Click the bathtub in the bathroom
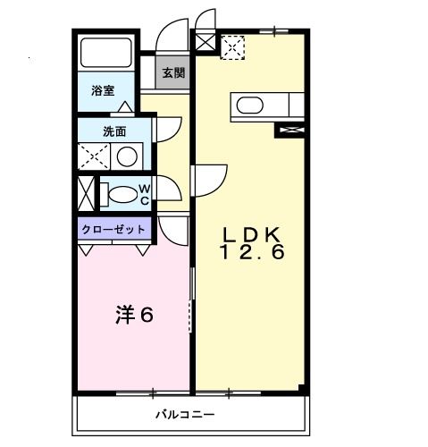(x=105, y=54)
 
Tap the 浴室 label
(x=104, y=91)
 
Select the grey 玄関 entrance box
(x=173, y=73)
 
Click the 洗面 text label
(x=113, y=131)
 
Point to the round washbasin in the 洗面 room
(x=128, y=156)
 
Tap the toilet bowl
(x=117, y=194)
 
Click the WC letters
(x=143, y=194)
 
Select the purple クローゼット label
(x=113, y=229)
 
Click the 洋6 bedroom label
(x=135, y=315)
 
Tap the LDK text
(x=252, y=234)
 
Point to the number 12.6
(x=252, y=254)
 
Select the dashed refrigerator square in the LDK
(x=233, y=45)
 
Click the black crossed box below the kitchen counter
(x=291, y=130)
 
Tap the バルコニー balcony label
(x=184, y=415)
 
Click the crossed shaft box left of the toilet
(x=85, y=194)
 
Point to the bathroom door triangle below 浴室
(x=125, y=107)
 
